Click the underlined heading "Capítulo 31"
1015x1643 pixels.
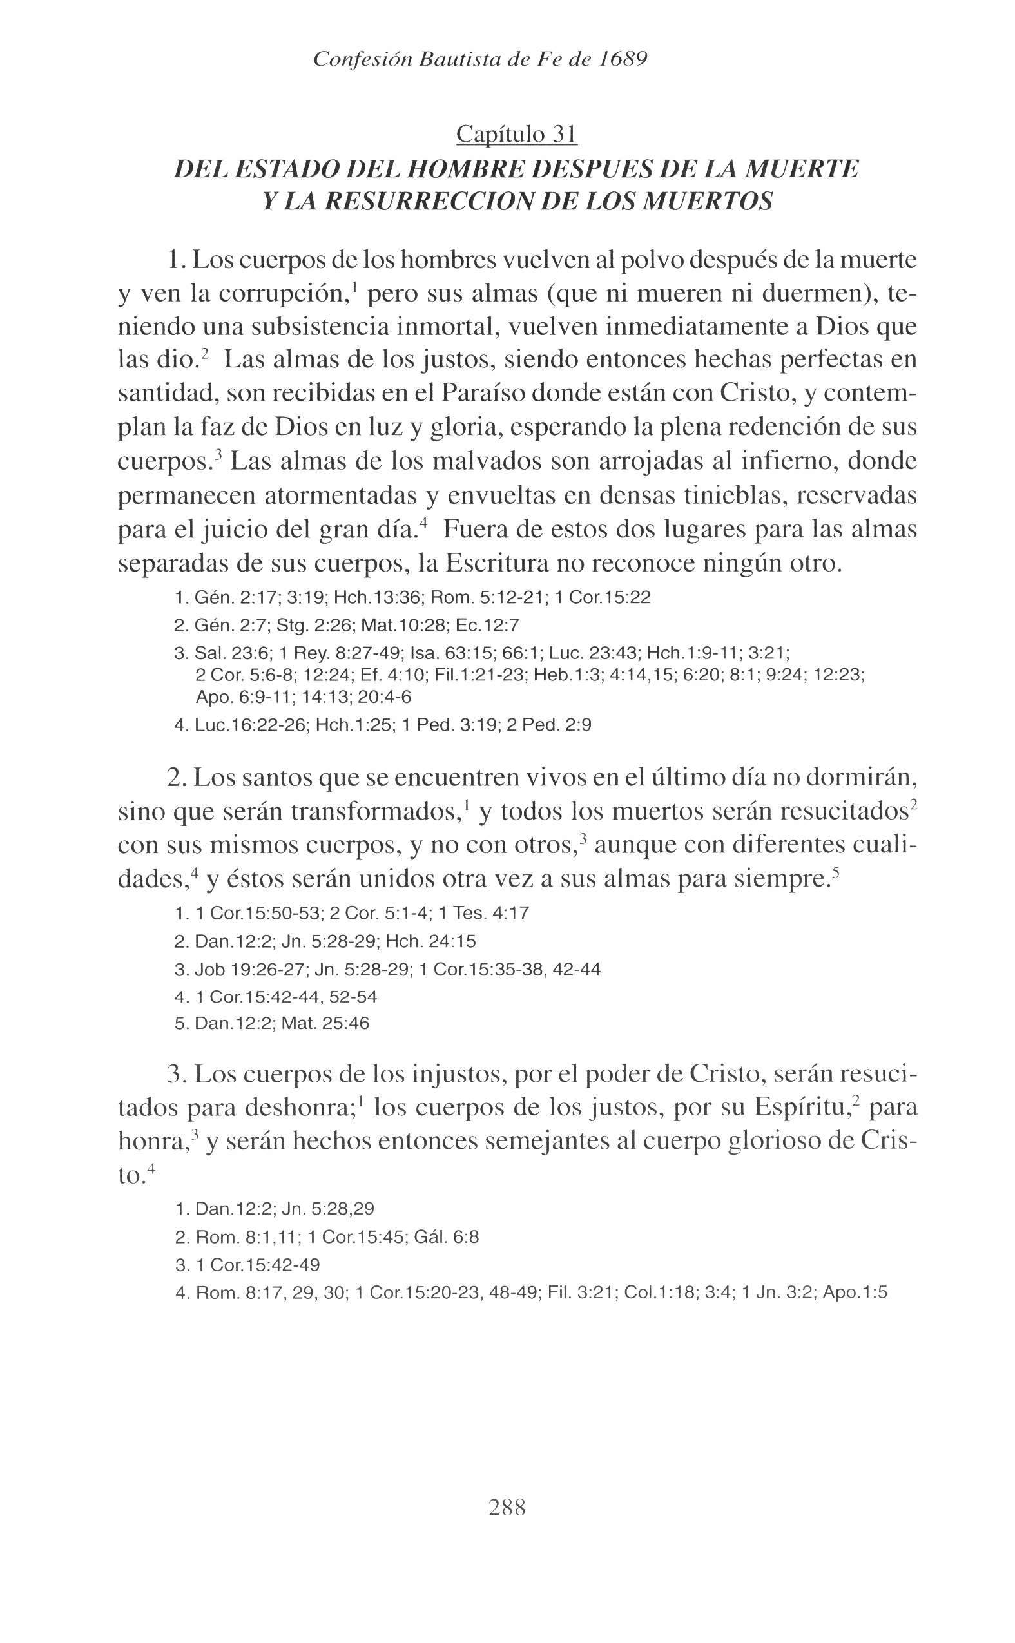[516, 134]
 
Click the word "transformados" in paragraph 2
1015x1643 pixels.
[374, 812]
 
